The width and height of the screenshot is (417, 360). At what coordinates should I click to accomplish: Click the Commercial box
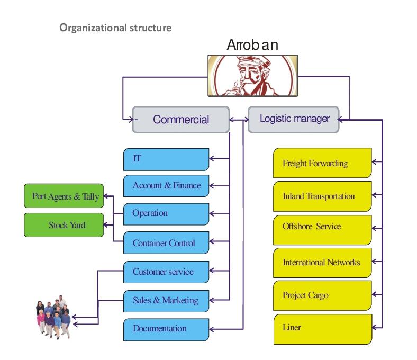point(180,120)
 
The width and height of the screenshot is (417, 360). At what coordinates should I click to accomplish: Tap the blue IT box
point(166,159)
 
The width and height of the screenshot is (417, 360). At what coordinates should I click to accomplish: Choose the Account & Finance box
point(166,186)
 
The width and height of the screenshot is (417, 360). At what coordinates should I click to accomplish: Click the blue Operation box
point(166,214)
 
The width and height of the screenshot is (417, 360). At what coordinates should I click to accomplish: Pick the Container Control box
point(166,243)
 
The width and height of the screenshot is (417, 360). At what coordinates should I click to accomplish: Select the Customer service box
point(166,272)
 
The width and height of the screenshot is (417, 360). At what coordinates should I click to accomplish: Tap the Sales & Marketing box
point(166,301)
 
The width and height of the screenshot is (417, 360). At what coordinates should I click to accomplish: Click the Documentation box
point(166,329)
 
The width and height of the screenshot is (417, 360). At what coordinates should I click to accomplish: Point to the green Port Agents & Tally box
point(64,196)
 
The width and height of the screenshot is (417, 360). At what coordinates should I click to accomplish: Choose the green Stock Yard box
point(64,225)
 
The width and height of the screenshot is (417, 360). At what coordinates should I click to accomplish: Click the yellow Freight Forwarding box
point(322,163)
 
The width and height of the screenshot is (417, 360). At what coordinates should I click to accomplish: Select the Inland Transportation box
point(322,196)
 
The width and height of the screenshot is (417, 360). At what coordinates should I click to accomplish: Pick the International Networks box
point(322,263)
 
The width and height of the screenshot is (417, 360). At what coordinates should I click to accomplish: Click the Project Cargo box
point(322,295)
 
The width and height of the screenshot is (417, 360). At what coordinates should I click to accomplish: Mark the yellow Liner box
point(322,328)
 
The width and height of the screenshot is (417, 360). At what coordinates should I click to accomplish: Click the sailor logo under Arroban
point(252,75)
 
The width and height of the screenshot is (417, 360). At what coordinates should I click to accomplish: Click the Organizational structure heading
point(115,28)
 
